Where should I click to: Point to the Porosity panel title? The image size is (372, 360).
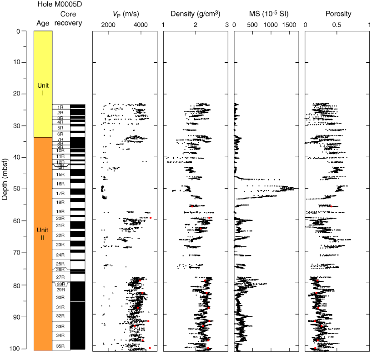point(338,14)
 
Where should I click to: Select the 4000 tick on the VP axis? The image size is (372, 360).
point(140,24)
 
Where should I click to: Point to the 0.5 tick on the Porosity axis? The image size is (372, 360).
point(337,24)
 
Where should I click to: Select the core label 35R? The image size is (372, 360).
point(60,345)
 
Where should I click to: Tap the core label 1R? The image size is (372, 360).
point(60,107)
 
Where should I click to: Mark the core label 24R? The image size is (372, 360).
point(60,255)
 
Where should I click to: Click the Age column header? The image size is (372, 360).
point(43,23)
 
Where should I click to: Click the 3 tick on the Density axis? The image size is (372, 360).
point(226,24)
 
